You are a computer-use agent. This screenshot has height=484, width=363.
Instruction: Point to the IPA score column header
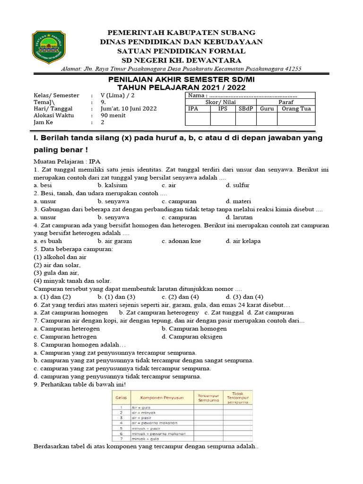(x=193, y=108)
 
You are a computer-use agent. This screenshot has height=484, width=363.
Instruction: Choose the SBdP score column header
(x=245, y=108)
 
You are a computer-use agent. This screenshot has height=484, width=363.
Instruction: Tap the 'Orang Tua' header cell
(x=296, y=108)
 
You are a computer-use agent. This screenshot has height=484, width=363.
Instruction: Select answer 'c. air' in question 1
(x=169, y=185)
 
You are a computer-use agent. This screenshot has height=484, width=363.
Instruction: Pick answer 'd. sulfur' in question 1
(x=237, y=185)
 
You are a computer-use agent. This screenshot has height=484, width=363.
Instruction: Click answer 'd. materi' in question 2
(x=238, y=201)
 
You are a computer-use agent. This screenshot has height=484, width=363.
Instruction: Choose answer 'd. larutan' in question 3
(x=240, y=217)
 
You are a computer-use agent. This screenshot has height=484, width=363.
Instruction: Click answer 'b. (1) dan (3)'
(x=117, y=297)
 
